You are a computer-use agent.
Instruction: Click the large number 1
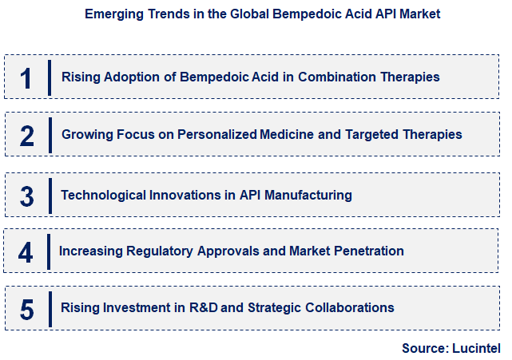[26, 78]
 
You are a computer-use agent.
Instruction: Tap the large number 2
[27, 136]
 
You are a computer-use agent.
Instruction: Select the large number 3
[27, 196]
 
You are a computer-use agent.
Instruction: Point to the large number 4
[26, 252]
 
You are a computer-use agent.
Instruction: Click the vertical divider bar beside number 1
[50, 77]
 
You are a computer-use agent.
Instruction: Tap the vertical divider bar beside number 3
[50, 195]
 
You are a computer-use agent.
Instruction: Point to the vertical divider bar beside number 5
[50, 308]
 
